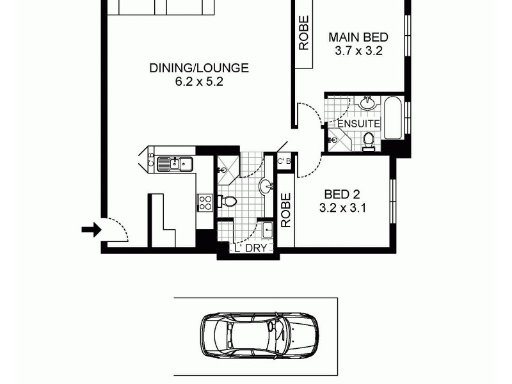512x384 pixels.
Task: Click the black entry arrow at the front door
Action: pos(92,230)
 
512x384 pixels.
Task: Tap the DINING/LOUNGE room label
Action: pos(199,68)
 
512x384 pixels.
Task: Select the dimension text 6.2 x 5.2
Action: pos(199,82)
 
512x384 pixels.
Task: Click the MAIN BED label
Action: pos(358,37)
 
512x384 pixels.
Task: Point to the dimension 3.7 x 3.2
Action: pos(358,51)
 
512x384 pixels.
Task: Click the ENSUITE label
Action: pos(358,124)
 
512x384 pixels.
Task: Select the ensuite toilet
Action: pos(369,141)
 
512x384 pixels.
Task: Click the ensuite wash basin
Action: pos(367,102)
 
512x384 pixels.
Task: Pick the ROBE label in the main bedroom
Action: pos(303,33)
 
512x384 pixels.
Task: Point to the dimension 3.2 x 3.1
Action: pos(342,207)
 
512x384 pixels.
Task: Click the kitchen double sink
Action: pos(175,164)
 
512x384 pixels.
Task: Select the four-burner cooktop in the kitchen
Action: pos(205,203)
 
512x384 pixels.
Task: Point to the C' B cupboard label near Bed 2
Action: pos(284,161)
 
